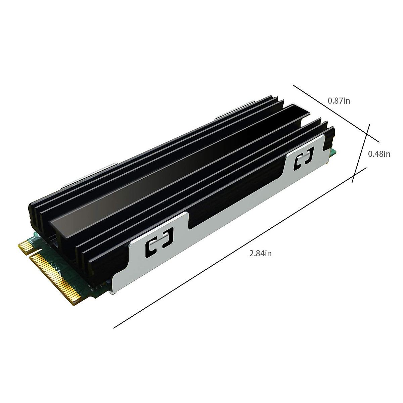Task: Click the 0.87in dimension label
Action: pos(339,100)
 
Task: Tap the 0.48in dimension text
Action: pos(379,154)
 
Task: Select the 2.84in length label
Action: pos(260,253)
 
